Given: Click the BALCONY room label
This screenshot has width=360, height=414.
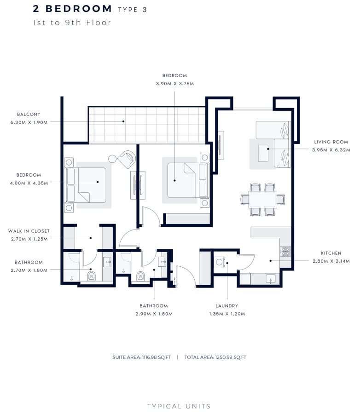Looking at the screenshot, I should tap(29, 114).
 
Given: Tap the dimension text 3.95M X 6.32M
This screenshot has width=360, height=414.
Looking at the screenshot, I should tap(331, 149).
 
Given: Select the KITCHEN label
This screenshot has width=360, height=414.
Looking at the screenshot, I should tap(331, 253).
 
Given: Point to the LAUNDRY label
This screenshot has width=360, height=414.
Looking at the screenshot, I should tap(226, 305).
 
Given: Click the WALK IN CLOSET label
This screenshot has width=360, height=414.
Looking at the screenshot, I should tap(29, 231).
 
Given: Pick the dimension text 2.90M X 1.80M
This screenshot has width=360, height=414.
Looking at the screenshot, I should tap(154, 314).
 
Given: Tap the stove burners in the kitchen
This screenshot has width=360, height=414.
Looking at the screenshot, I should tap(285, 251).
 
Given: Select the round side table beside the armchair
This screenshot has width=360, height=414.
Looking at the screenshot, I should tap(112, 158).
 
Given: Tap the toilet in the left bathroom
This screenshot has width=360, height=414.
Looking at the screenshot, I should tap(91, 276).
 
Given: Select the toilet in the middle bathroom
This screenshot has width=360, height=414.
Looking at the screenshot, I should tap(140, 276).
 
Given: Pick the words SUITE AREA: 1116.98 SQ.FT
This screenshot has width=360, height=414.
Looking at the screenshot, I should tap(141, 357).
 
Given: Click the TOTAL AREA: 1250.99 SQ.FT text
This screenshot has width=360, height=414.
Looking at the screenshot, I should tap(215, 357).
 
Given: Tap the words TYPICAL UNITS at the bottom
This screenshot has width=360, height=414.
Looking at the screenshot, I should tap(179, 406).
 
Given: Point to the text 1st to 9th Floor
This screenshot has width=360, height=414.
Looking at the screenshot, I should tap(72, 23).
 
